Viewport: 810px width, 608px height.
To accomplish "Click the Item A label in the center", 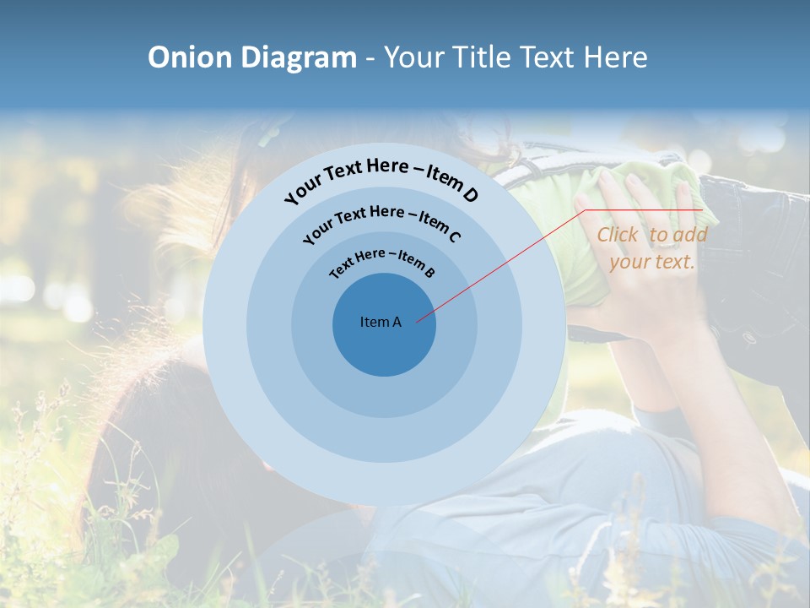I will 381,322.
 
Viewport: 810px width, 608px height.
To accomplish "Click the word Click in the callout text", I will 618,236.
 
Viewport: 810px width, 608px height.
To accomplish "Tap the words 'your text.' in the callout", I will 651,262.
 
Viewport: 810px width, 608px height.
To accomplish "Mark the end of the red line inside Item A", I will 418,320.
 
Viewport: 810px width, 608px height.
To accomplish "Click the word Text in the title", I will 549,57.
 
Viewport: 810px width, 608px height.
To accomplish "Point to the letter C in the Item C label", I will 454,236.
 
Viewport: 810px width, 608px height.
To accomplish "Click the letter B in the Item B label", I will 429,273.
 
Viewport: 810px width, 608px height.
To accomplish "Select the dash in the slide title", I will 370,57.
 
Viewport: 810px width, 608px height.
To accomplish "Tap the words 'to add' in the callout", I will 678,236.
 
